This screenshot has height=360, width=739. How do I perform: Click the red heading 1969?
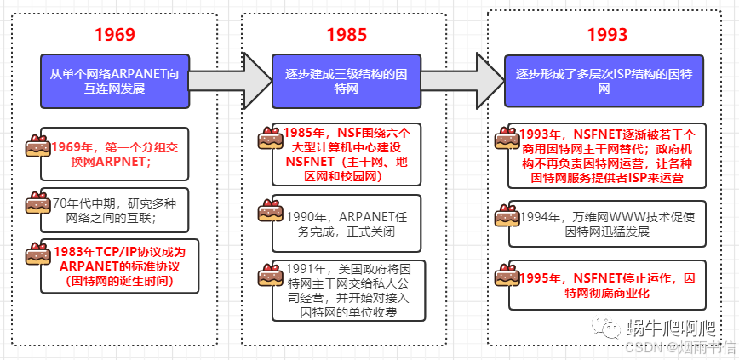point(115,35)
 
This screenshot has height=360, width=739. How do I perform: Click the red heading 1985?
point(347,35)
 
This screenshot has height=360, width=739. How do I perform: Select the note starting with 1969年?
point(115,154)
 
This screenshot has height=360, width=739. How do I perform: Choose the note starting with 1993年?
point(606,157)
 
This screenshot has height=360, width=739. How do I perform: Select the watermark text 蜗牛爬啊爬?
point(673,328)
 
